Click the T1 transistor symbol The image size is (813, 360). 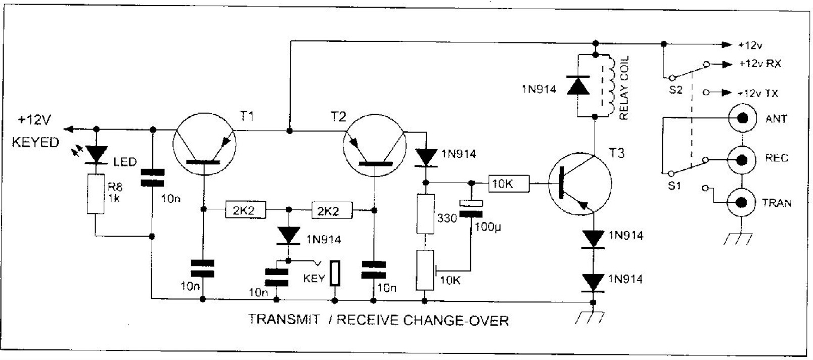pos(204,144)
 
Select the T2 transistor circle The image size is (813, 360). pos(374,146)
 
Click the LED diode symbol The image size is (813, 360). pos(96,155)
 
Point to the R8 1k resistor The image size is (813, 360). pos(96,194)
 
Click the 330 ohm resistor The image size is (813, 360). pos(425,214)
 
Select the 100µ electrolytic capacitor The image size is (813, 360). pos(471,208)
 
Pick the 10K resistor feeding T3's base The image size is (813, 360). pos(509,184)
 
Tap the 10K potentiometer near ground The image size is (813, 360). pos(425,270)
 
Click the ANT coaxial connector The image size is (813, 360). pos(743,118)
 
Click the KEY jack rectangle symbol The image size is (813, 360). pos(335,273)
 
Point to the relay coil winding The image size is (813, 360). pos(610,86)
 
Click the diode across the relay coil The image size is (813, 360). pos(578,85)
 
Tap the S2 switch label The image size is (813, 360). pos(675,89)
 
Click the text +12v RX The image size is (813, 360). pos(760,64)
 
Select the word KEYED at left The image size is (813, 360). pos(35,142)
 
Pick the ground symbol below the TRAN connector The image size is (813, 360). pos(738,239)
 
